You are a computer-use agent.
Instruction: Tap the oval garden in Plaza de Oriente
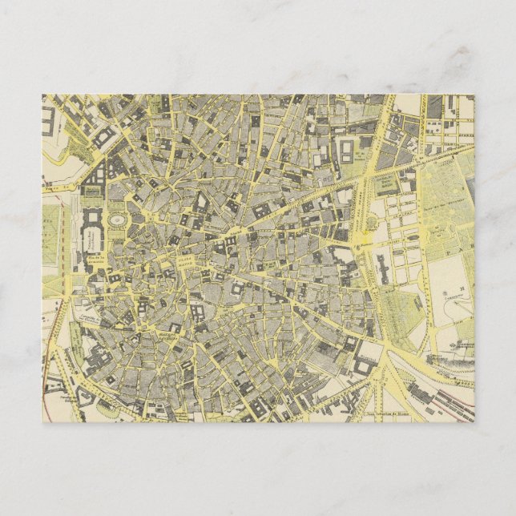tap(117, 220)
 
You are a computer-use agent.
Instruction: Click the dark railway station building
tap(420, 392)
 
